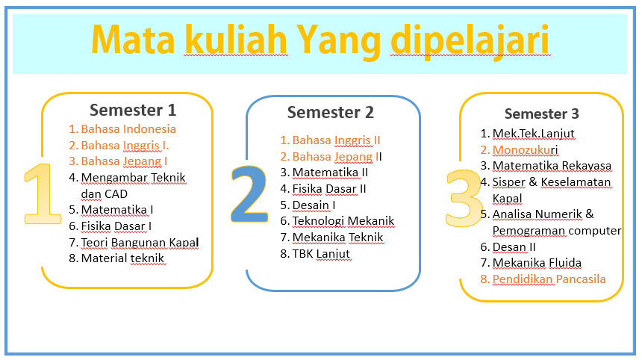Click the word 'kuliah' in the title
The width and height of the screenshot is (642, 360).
coord(236,40)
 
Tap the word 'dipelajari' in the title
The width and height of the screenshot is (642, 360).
coord(470,42)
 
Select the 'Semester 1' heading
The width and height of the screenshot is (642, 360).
coord(133,111)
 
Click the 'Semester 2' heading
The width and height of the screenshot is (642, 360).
coord(331,112)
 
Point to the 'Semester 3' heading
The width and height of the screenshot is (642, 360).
coord(542,114)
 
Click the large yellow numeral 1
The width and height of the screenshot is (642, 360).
coord(42,193)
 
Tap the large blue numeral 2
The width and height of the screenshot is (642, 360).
coord(249,193)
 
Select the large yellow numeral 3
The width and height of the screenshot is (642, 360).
coord(464,198)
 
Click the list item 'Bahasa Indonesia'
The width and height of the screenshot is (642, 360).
coord(128,129)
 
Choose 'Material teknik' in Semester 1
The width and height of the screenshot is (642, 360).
coord(122,258)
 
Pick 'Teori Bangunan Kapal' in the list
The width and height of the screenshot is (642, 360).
coord(140,243)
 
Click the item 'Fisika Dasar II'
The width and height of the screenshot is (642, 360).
coord(329,189)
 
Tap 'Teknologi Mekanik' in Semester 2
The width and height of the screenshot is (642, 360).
coord(343,221)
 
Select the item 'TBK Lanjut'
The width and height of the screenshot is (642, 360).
coord(321,254)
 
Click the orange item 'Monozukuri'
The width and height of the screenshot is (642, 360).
coord(525,150)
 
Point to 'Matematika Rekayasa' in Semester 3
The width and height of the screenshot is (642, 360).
coord(552,166)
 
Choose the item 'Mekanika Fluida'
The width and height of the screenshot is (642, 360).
coord(537,263)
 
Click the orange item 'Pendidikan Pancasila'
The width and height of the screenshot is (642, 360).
coord(549,279)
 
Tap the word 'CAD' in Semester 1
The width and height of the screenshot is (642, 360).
coord(116,193)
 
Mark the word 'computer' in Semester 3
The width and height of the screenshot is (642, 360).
coord(595,231)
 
